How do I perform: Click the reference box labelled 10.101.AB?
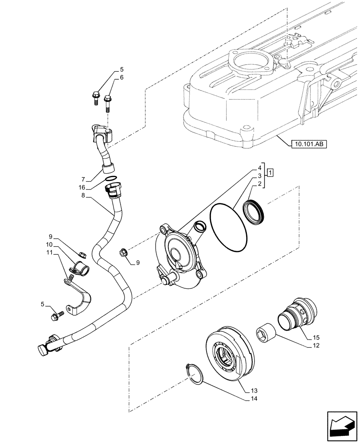click(x=309, y=144)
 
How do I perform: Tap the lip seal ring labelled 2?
click(x=254, y=211)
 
